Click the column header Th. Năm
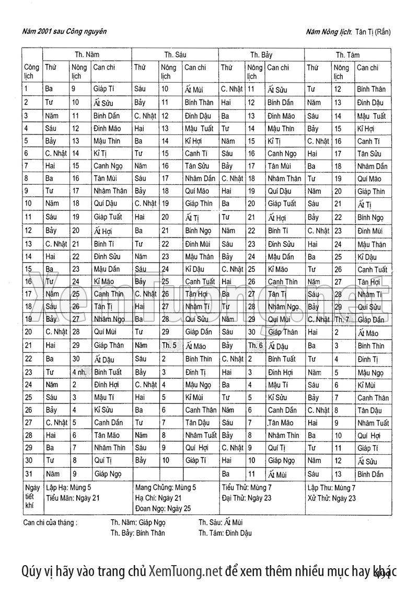click(x=87, y=54)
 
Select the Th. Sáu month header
click(x=175, y=54)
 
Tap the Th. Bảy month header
click(x=261, y=54)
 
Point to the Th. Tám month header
click(x=347, y=54)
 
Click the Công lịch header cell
click(x=31, y=71)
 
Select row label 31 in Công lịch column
click(x=28, y=474)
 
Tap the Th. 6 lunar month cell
click(x=256, y=346)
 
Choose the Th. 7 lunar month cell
click(x=342, y=320)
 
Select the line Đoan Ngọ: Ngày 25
click(x=162, y=508)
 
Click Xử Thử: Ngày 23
click(x=331, y=498)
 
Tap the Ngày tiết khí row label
click(x=32, y=497)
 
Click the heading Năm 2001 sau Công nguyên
click(x=65, y=31)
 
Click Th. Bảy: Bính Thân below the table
click(x=137, y=533)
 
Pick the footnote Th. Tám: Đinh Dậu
click(x=225, y=533)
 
